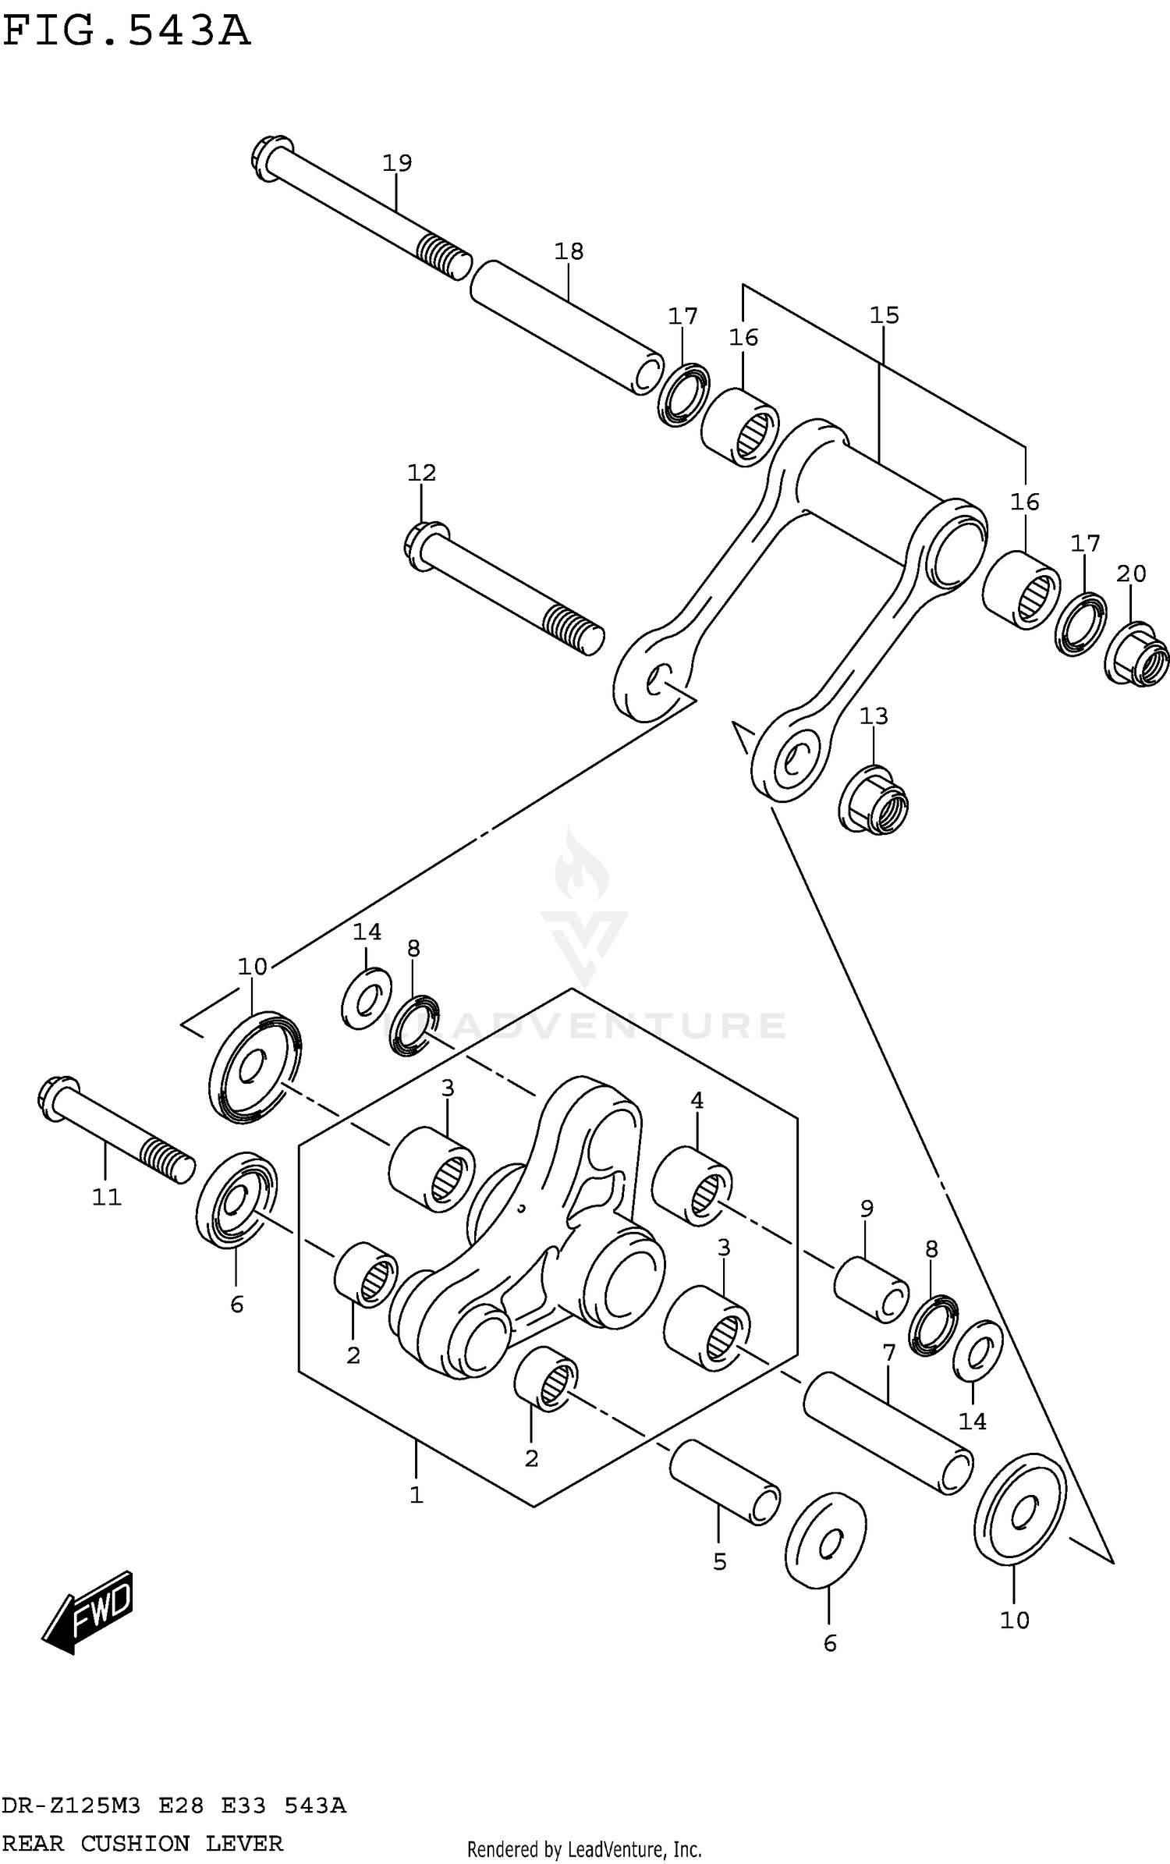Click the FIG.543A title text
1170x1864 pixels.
(x=126, y=31)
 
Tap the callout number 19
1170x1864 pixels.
(x=397, y=163)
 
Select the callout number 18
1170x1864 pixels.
(x=569, y=251)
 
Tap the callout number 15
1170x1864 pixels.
(x=885, y=315)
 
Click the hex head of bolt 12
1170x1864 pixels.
(x=426, y=545)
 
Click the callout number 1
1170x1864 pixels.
(x=417, y=1495)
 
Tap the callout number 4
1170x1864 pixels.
(x=697, y=1100)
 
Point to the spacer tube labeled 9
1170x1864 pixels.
(x=870, y=1290)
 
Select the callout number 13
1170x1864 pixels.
(x=874, y=715)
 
